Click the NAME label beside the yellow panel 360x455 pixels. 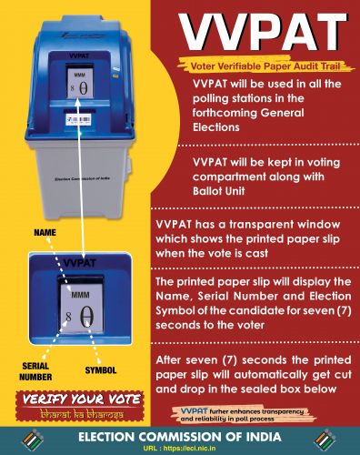(45, 233)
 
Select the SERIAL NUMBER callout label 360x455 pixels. (35, 368)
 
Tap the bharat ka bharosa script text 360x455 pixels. (78, 414)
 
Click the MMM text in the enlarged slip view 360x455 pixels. (82, 296)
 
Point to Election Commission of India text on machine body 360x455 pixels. (83, 181)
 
